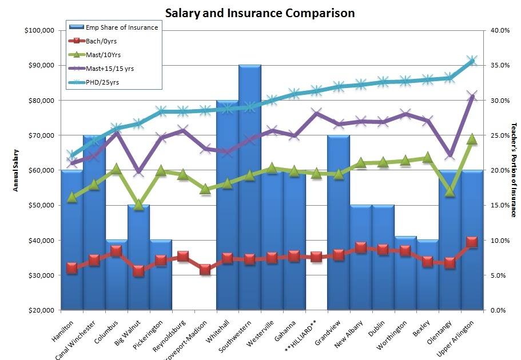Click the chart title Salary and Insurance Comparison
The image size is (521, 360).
(260, 13)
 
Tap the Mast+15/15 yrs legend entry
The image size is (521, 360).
(110, 69)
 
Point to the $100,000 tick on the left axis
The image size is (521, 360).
(39, 30)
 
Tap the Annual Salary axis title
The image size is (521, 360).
(16, 170)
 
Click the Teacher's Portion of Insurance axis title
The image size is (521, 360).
(513, 170)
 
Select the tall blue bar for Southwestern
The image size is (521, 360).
(249, 189)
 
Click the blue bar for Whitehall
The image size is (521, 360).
(227, 206)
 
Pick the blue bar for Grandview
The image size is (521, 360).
(338, 223)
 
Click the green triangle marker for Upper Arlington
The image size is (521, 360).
(472, 139)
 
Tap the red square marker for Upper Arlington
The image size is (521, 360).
(472, 242)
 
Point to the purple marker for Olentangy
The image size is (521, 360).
(450, 155)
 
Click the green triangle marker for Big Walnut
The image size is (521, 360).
(138, 205)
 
